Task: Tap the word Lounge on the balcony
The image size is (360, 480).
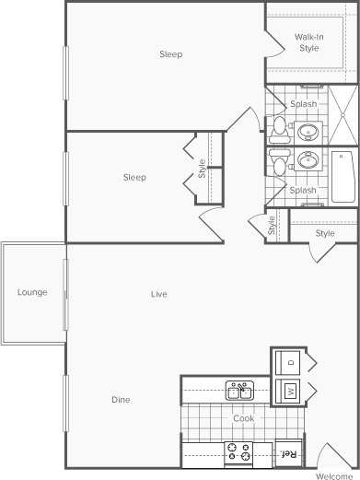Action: (x=32, y=293)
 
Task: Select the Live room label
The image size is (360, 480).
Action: (x=159, y=295)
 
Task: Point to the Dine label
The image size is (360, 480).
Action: (x=121, y=400)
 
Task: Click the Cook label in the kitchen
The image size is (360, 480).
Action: (x=243, y=418)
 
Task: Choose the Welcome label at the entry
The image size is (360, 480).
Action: (x=334, y=475)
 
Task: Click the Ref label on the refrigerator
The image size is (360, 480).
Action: (x=287, y=453)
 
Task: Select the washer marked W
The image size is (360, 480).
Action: (x=289, y=392)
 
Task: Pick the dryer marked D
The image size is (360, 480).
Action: (x=289, y=361)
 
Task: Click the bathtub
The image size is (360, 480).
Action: (x=343, y=176)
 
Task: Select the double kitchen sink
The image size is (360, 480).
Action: (x=239, y=391)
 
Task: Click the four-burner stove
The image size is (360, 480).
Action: (x=239, y=452)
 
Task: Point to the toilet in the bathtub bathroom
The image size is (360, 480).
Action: (x=280, y=166)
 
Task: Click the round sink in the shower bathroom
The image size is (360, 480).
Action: (x=306, y=131)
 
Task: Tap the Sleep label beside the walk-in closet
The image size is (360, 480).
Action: (x=170, y=54)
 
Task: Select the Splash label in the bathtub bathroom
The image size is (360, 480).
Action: (x=303, y=191)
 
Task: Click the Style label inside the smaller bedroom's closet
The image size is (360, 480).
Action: (x=202, y=169)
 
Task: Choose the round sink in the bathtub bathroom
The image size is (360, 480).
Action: (x=306, y=163)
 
